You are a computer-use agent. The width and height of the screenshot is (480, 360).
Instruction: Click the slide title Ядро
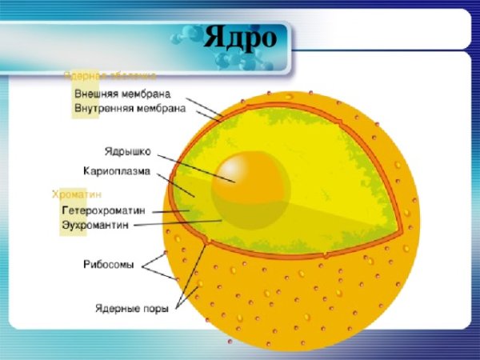coord(240,37)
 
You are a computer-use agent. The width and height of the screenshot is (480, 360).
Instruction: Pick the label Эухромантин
coord(96,225)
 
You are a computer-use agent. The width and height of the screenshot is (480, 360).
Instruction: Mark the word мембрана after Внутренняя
coord(161,106)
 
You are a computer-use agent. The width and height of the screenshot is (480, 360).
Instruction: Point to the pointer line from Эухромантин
coord(176,223)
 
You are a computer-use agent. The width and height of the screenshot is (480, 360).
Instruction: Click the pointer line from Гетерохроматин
coord(170,211)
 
